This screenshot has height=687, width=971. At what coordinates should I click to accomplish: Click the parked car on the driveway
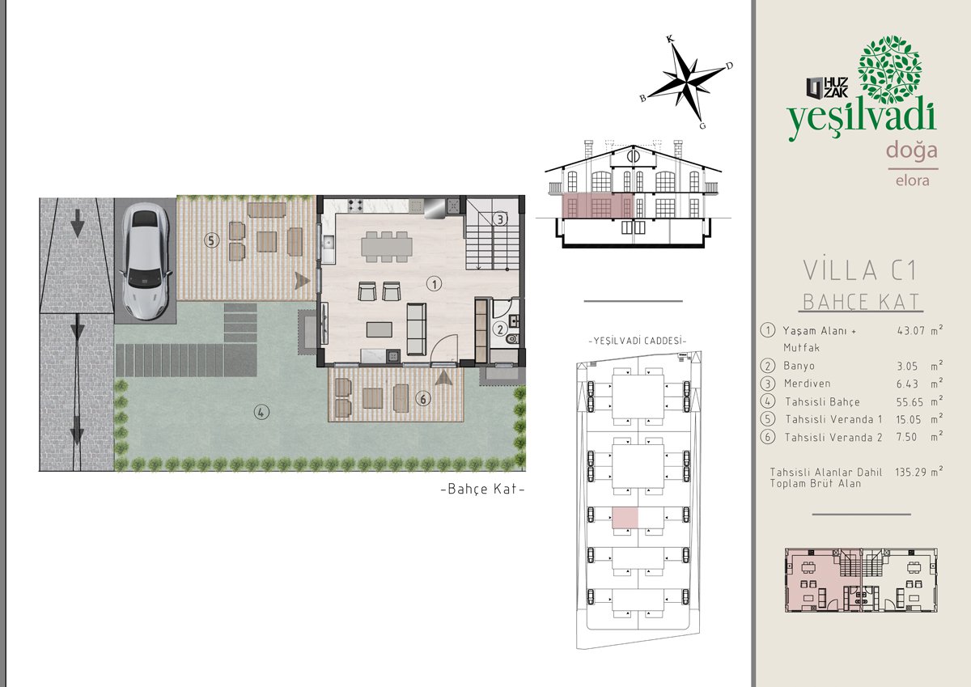tap(145, 261)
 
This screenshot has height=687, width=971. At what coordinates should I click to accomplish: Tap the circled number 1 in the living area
tap(434, 284)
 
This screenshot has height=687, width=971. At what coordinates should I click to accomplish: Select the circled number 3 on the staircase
tap(500, 219)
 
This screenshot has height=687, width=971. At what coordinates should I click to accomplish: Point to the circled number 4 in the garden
tap(261, 412)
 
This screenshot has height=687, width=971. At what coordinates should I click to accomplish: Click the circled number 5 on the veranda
tap(211, 240)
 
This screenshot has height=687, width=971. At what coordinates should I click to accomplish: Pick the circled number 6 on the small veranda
tap(423, 399)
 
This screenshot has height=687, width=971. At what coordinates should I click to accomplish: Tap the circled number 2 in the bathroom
tap(500, 329)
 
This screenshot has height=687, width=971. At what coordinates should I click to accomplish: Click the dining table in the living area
tap(387, 247)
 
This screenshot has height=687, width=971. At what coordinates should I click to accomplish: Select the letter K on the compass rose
tap(670, 39)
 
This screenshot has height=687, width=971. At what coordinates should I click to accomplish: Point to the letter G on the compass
tap(702, 126)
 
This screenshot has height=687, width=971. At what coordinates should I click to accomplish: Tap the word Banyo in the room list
tap(799, 366)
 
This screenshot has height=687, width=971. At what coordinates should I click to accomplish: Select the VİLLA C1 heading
tap(860, 270)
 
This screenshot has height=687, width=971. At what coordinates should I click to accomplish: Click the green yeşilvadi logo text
tap(861, 117)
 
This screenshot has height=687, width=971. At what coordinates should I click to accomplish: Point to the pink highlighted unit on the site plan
tap(625, 518)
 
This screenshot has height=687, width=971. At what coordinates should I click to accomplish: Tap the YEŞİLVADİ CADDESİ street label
tap(638, 341)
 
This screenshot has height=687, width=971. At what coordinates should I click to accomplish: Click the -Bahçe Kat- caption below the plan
tap(482, 489)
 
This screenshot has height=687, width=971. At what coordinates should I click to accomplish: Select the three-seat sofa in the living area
tap(416, 329)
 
